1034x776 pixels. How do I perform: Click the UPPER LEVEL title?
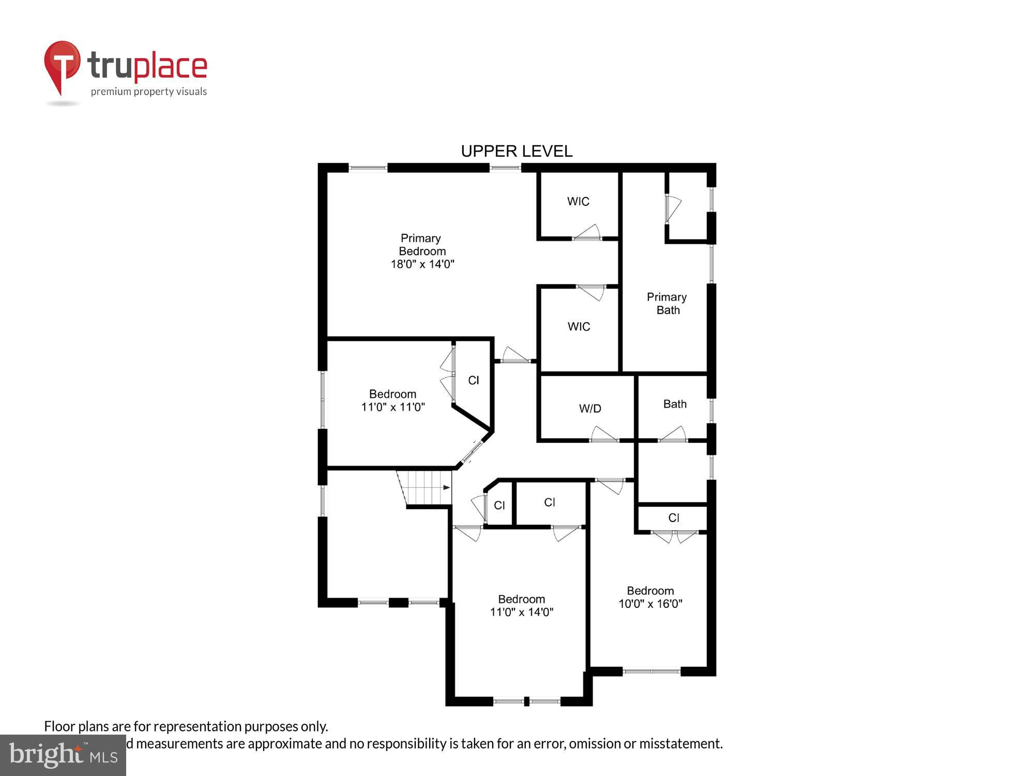(516, 151)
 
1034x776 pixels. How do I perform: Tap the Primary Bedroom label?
(422, 245)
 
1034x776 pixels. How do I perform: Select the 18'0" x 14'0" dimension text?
(422, 264)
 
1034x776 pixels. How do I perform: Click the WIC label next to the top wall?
(578, 201)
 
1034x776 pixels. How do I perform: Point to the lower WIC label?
(579, 326)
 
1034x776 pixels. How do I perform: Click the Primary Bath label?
(667, 304)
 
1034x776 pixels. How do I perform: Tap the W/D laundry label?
(590, 409)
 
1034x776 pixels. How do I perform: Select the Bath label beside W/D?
(675, 404)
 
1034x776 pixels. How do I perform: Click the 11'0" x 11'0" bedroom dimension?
(393, 407)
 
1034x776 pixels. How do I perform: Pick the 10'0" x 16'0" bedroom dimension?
(650, 604)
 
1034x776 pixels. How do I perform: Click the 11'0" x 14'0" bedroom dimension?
(522, 612)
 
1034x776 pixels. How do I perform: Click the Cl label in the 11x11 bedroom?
(474, 381)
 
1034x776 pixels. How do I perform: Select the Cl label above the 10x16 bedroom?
(674, 518)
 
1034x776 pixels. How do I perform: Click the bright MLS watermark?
(63, 755)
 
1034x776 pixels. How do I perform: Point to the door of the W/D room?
(604, 435)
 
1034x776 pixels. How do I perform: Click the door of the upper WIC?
(587, 233)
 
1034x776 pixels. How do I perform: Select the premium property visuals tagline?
(149, 92)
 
